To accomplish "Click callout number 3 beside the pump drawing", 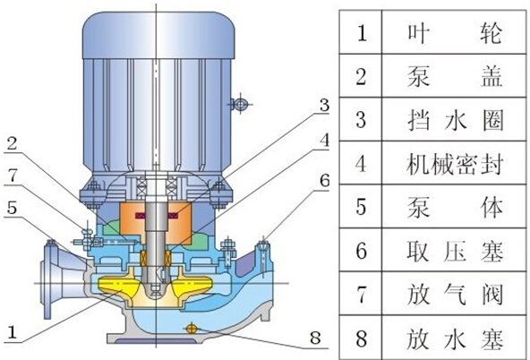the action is point(324,106).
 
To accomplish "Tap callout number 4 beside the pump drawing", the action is point(324,140).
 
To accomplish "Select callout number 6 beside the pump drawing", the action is point(324,181).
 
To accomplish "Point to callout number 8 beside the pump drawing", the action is point(315,338).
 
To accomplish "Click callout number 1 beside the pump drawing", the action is point(13,332).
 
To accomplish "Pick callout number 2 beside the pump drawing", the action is point(13,143).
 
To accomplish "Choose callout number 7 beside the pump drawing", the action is point(13,176).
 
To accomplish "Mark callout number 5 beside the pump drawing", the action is point(13,208).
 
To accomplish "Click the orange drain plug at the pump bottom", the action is point(191,328).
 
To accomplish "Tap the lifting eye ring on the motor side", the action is point(240,104).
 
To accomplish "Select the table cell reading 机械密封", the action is point(454,163).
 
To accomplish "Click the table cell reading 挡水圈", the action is point(454,119).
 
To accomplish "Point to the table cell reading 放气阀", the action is point(454,294).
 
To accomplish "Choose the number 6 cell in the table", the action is point(361,250).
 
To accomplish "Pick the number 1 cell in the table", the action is point(361,32).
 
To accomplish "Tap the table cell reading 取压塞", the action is point(454,250).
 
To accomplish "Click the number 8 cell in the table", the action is point(361,338).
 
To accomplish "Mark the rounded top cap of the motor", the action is point(158,35).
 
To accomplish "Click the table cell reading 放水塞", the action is point(454,338).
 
